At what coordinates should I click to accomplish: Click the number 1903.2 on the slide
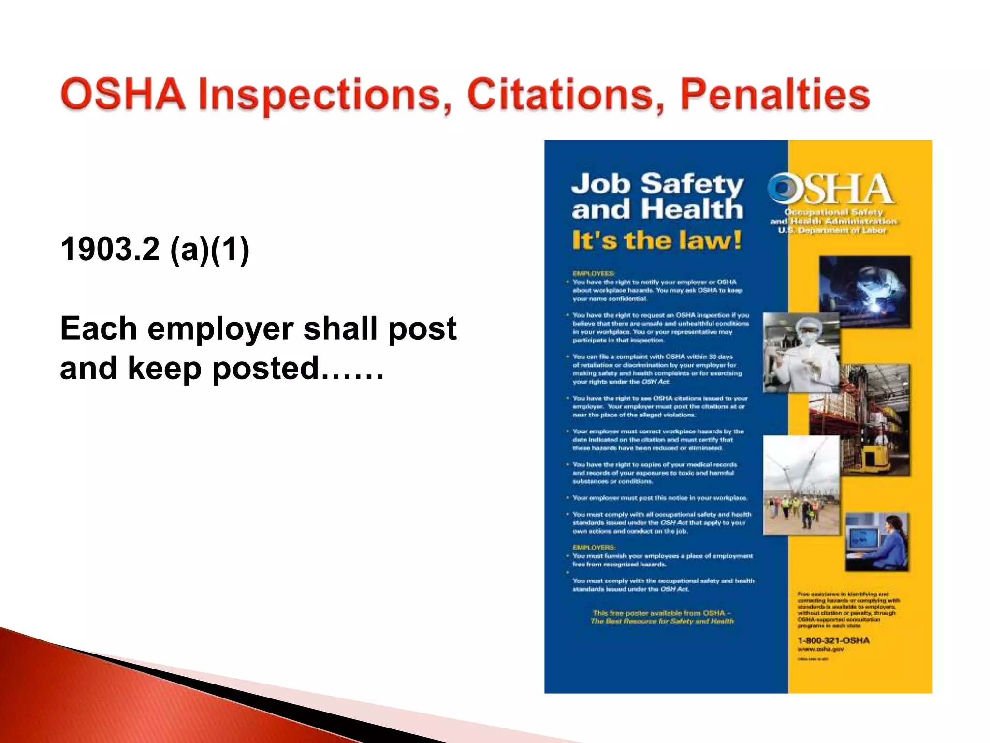110,249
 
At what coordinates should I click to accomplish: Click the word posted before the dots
265,369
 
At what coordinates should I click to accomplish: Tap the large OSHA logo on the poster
831,189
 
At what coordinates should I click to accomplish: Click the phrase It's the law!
656,240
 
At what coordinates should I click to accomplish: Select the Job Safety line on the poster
657,184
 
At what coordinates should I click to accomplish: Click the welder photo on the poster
864,292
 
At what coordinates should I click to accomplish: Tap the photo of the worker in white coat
801,352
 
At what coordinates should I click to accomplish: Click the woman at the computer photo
876,542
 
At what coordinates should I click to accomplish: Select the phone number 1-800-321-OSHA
833,640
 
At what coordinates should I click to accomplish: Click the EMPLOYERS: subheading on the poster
594,548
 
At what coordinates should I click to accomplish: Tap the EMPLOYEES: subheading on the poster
594,273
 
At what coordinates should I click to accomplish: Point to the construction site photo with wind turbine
801,485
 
